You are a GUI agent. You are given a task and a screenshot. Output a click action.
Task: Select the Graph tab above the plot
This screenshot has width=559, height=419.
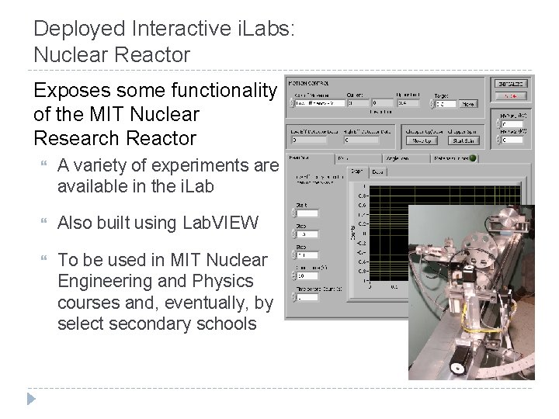click(x=357, y=171)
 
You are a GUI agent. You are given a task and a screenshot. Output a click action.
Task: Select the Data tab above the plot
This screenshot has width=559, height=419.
click(x=378, y=171)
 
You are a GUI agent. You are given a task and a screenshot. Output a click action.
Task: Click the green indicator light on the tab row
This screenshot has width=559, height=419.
click(x=473, y=158)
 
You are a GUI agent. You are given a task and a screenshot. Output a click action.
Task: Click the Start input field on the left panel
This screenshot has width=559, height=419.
click(x=307, y=213)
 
